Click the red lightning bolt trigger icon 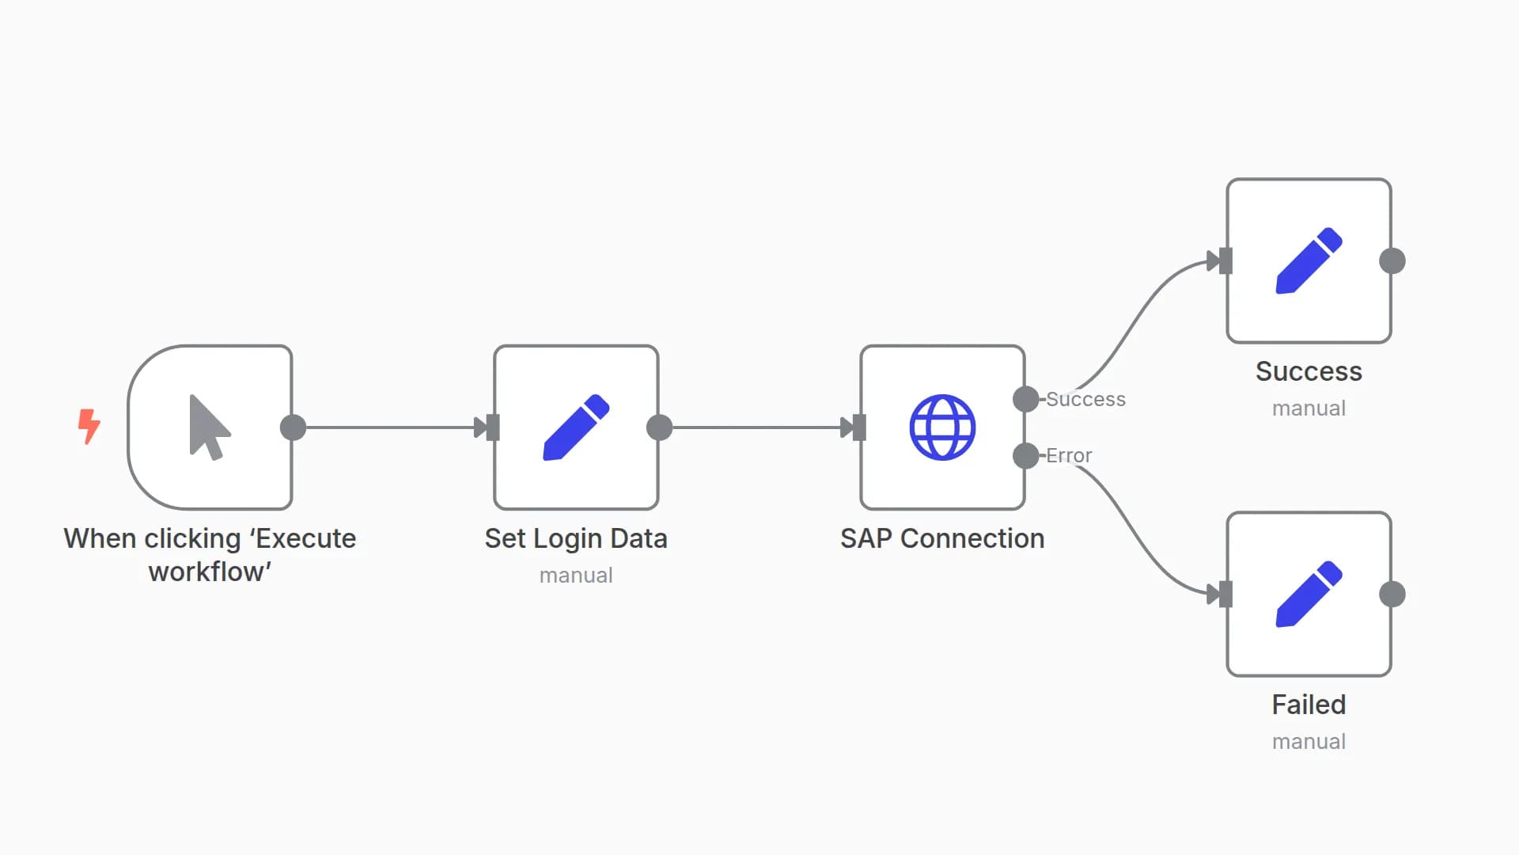click(89, 426)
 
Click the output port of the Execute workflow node click(293, 427)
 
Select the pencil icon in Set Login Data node click(576, 427)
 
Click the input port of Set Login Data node click(493, 427)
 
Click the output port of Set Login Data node click(659, 427)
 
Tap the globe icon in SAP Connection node click(942, 427)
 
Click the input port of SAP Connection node click(859, 427)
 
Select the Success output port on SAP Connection click(1025, 399)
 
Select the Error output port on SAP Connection click(1025, 455)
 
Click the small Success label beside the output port click(1085, 399)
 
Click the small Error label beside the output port click(1069, 455)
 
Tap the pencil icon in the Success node click(1309, 261)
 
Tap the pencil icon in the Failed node click(1309, 595)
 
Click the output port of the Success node click(1392, 261)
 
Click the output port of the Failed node click(1392, 595)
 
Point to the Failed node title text click(1309, 705)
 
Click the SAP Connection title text click(942, 538)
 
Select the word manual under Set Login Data click(576, 576)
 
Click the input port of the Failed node click(1225, 595)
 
